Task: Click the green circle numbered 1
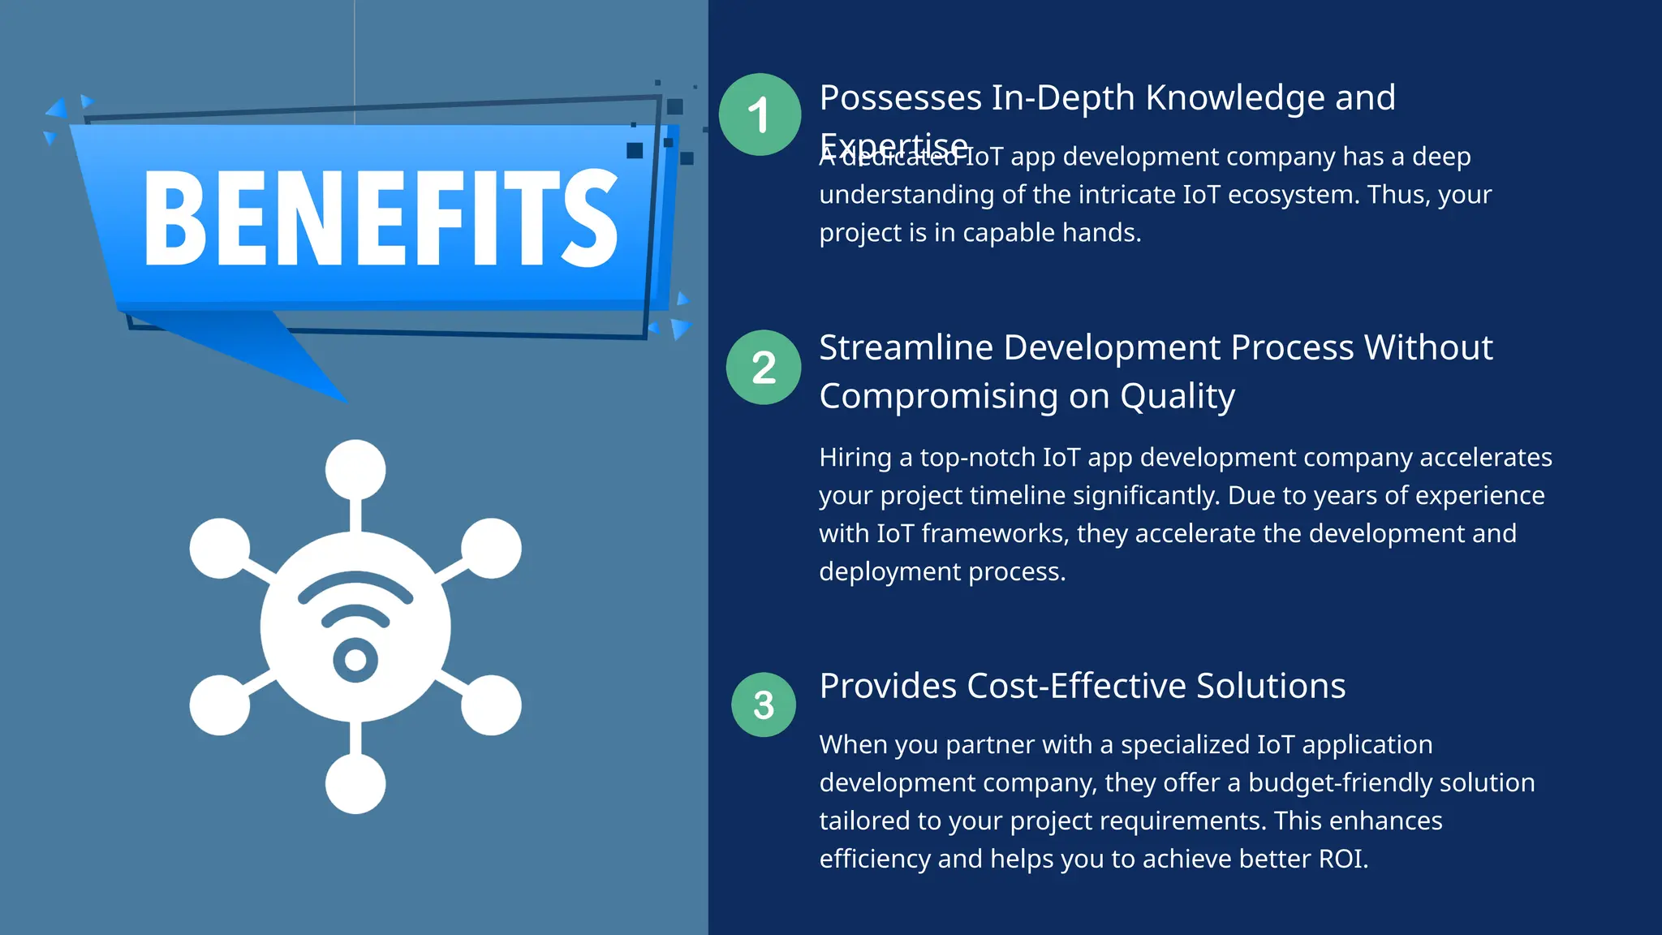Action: click(x=760, y=114)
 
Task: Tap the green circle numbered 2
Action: click(x=764, y=367)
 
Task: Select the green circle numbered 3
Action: click(x=764, y=704)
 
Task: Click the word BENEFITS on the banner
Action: click(x=381, y=218)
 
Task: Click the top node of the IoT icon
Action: click(x=355, y=469)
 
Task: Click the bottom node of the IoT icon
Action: click(x=355, y=783)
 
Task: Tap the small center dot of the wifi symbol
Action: click(x=355, y=659)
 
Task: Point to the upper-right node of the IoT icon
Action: click(x=491, y=548)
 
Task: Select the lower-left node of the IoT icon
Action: click(x=220, y=704)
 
